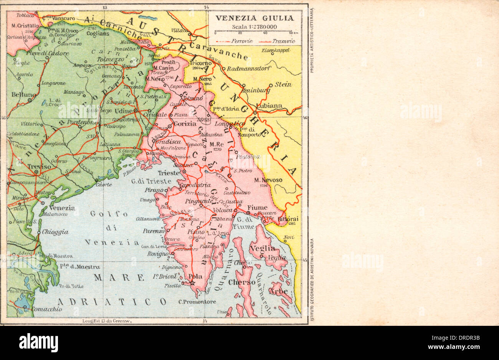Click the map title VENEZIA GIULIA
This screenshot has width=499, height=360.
point(254,18)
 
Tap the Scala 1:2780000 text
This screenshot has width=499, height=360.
point(254,26)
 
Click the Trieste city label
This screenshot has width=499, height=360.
point(169,173)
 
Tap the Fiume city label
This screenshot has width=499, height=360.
point(257,208)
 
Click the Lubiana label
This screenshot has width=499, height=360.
point(270,106)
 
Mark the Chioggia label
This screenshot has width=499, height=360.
point(55,232)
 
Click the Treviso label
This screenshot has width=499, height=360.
point(39,167)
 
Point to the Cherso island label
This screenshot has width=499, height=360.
point(241,282)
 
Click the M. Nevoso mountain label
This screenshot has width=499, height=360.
point(268,180)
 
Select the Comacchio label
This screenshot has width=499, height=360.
point(46,309)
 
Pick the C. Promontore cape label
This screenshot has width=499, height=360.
point(197,302)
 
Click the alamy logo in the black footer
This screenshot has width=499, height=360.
point(38,342)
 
